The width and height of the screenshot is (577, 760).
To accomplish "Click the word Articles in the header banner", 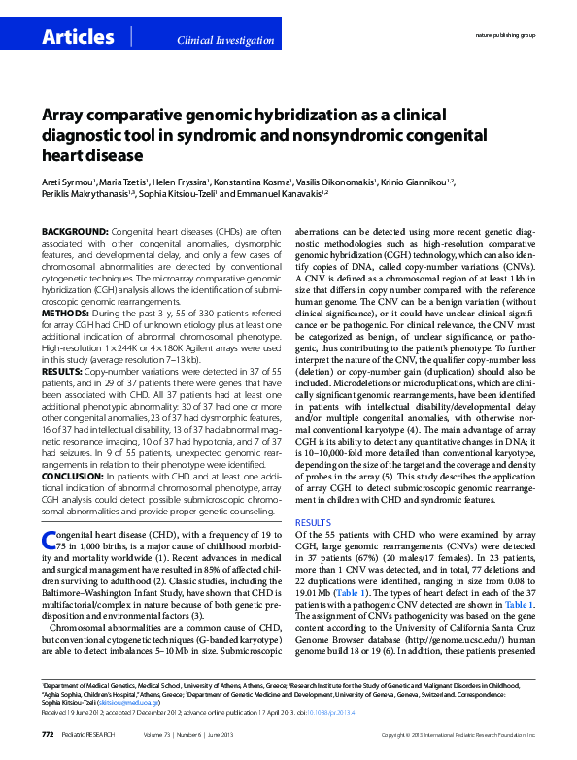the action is point(78,37).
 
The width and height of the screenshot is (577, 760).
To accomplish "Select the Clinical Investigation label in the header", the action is point(224,40).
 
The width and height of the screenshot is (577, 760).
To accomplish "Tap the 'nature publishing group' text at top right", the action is point(504,34).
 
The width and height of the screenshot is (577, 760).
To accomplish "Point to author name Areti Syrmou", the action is point(68,181).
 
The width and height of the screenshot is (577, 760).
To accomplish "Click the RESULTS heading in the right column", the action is point(313,522).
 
